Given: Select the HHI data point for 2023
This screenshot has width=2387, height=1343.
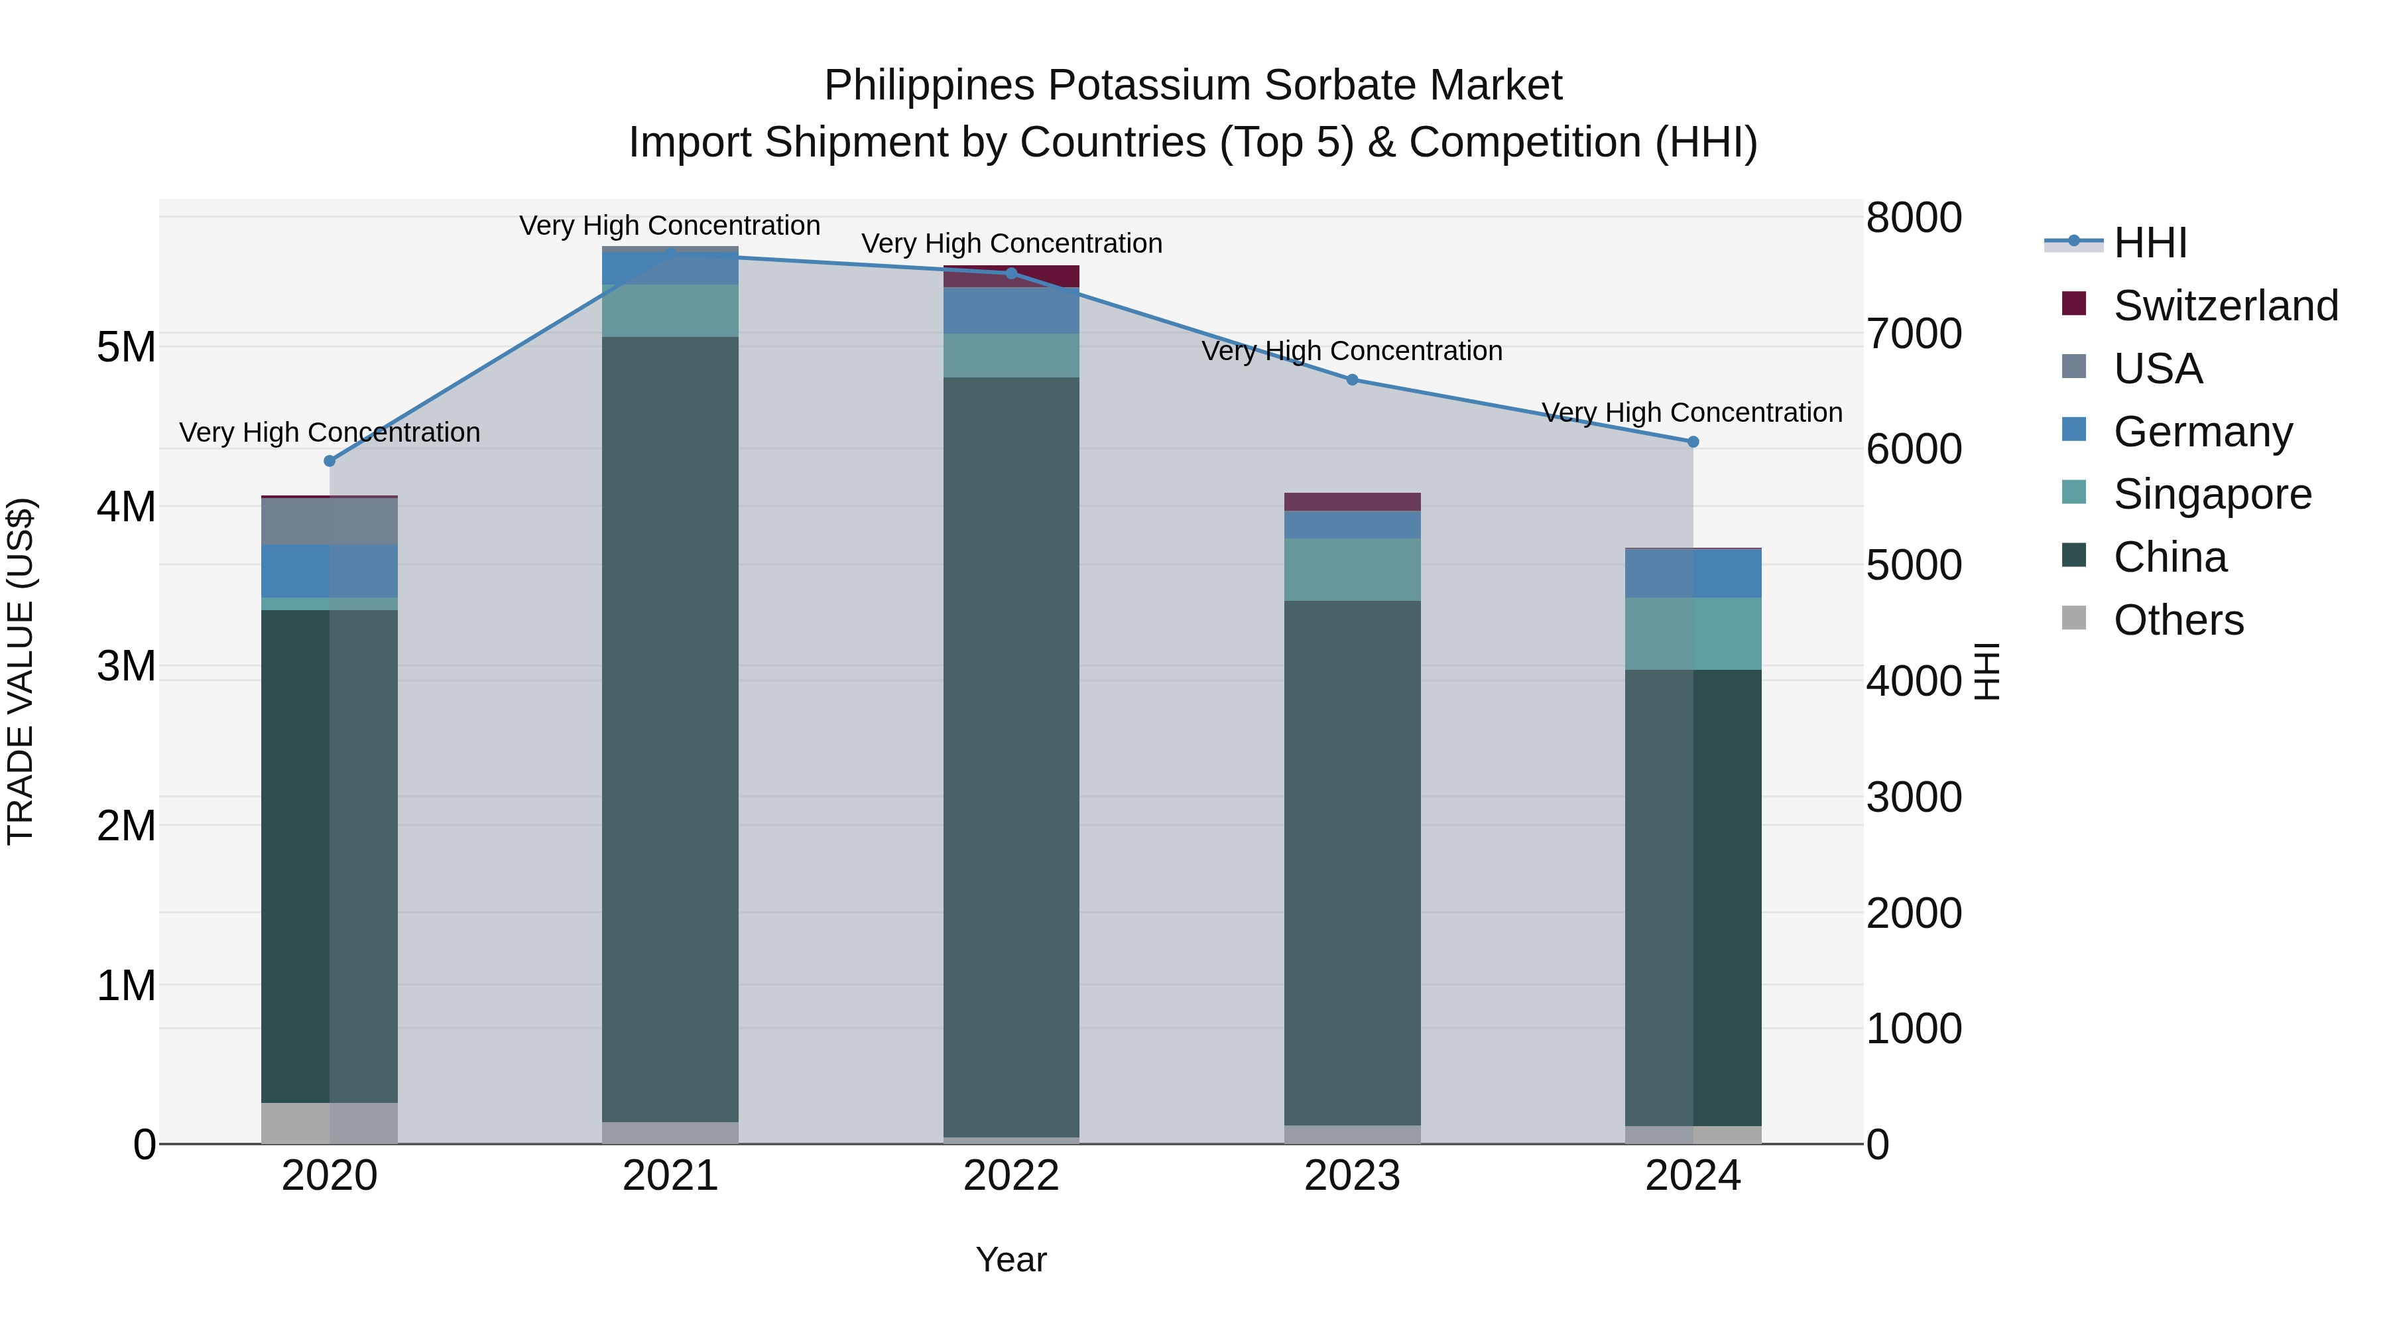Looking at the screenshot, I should pos(1352,379).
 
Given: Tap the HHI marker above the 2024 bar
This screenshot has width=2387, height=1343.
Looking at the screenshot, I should pos(1693,442).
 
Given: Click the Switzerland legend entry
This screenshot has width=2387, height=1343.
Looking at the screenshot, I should pos(2225,306).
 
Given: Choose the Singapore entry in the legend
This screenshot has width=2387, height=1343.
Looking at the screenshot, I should pos(2212,494).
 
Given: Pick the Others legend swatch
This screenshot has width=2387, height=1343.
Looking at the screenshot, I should pos(2074,619).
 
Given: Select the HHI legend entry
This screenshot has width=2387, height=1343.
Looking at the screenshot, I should pos(2150,243).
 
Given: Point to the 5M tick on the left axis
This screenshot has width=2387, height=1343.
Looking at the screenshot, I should pos(126,348).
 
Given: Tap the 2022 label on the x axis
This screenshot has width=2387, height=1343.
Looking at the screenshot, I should pos(1011,1176).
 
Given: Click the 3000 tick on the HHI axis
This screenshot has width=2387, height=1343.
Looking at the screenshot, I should pos(1914,797).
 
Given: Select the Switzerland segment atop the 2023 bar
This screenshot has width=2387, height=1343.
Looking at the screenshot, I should pos(1352,501).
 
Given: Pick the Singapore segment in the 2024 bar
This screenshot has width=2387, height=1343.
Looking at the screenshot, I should pos(1693,633).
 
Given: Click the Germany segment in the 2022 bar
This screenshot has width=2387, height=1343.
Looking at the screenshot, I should pos(1011,310).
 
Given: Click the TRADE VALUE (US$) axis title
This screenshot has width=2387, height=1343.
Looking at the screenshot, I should pos(21,672).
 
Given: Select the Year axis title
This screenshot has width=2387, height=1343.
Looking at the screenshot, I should pos(1011,1259).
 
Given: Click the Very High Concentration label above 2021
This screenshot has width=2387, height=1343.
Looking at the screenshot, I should pos(669,225).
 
